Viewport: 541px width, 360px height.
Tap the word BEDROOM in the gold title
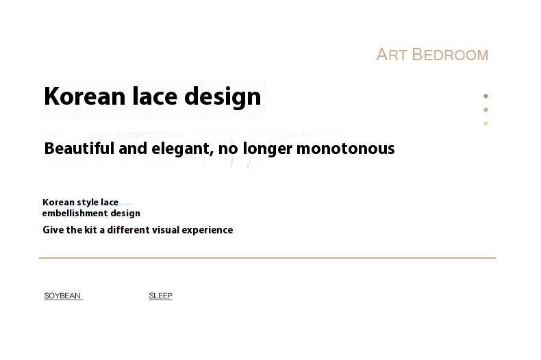point(450,55)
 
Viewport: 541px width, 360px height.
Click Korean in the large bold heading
point(84,97)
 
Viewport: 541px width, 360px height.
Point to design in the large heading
point(223,98)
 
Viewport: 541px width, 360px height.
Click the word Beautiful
point(79,149)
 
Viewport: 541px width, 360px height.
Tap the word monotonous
point(345,149)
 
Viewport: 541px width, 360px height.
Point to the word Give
point(53,230)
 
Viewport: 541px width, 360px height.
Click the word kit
point(90,230)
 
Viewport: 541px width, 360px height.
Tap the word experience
point(207,231)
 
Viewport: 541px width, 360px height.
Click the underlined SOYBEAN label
point(62,296)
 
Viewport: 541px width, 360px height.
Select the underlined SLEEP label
point(160,296)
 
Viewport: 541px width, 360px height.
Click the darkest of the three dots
point(486,96)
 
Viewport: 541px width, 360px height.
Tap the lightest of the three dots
point(486,123)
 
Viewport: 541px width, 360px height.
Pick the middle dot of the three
point(486,110)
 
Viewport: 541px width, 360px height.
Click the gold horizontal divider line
point(267,257)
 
